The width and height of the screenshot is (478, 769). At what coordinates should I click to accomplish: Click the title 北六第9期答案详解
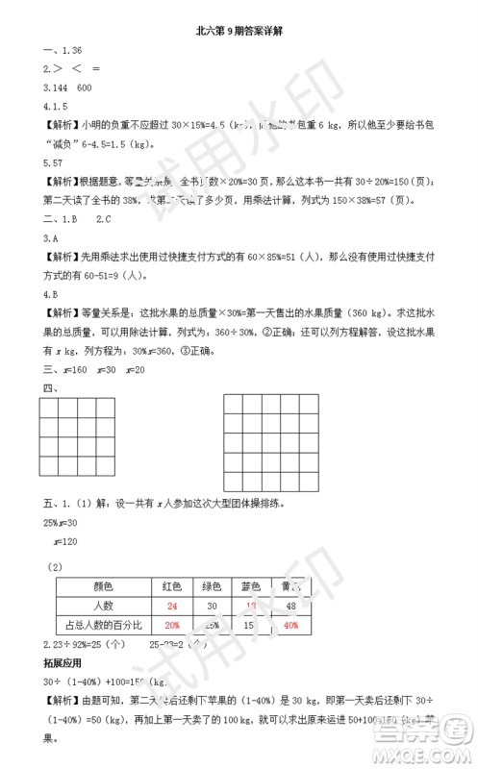(238, 30)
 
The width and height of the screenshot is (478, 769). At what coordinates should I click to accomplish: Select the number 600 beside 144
(84, 87)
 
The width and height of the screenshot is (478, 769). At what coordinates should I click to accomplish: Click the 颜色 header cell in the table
(103, 586)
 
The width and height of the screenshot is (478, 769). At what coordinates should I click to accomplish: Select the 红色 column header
(172, 586)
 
